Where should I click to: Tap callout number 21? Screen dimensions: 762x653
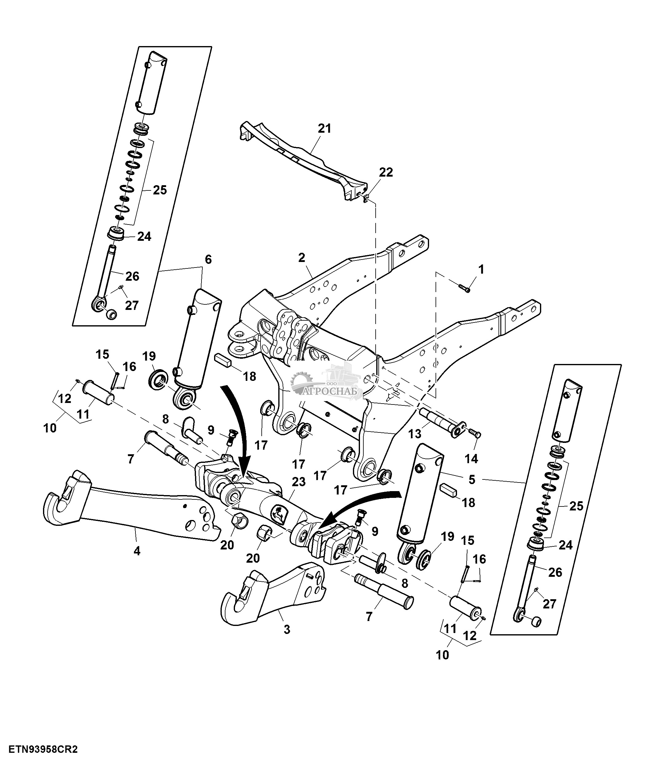pyautogui.click(x=325, y=129)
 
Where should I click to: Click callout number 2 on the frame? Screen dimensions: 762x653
pyautogui.click(x=302, y=257)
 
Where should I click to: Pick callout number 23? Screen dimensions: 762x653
pyautogui.click(x=299, y=482)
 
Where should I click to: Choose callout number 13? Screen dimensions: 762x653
pyautogui.click(x=415, y=434)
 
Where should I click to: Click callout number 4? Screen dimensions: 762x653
pyautogui.click(x=137, y=551)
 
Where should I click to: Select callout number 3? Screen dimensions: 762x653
pyautogui.click(x=287, y=630)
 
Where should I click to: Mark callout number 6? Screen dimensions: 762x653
pyautogui.click(x=208, y=260)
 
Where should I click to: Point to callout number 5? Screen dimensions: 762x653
pyautogui.click(x=472, y=479)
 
